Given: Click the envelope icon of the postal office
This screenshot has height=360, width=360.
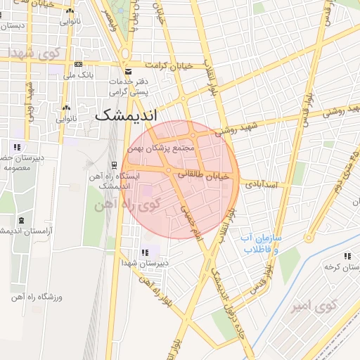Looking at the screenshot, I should click(x=127, y=72).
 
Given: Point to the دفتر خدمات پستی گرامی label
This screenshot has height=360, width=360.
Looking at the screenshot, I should click(x=127, y=86).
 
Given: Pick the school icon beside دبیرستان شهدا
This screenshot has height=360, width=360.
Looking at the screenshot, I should click(x=145, y=252).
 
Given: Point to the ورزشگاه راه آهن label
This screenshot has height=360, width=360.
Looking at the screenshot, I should click(x=36, y=297).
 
